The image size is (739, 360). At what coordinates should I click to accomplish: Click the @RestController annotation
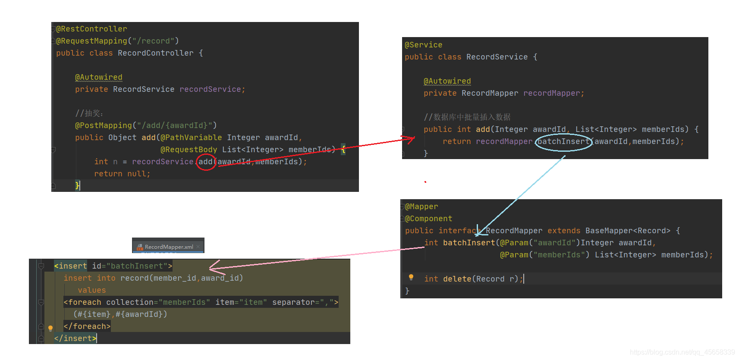(x=91, y=29)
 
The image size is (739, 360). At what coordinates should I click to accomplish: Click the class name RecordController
(x=155, y=53)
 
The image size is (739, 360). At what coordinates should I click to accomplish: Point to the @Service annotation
(x=423, y=45)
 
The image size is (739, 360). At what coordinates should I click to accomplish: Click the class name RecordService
(x=497, y=57)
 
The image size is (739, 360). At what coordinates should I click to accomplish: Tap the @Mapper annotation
(x=421, y=207)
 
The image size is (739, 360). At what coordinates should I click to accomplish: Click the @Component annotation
(x=428, y=219)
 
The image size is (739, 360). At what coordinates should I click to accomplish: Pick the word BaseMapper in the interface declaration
(x=609, y=231)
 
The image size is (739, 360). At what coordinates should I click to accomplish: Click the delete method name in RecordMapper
(x=457, y=279)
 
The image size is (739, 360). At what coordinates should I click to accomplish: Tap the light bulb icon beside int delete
(x=411, y=277)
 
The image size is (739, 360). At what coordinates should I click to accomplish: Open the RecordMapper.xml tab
(x=168, y=247)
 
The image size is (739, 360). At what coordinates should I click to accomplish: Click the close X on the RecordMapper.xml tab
(x=198, y=247)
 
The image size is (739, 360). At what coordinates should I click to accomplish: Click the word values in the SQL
(x=92, y=290)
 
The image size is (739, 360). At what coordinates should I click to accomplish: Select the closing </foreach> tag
(x=87, y=326)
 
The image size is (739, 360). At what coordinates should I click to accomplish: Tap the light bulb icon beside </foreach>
(x=50, y=328)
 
